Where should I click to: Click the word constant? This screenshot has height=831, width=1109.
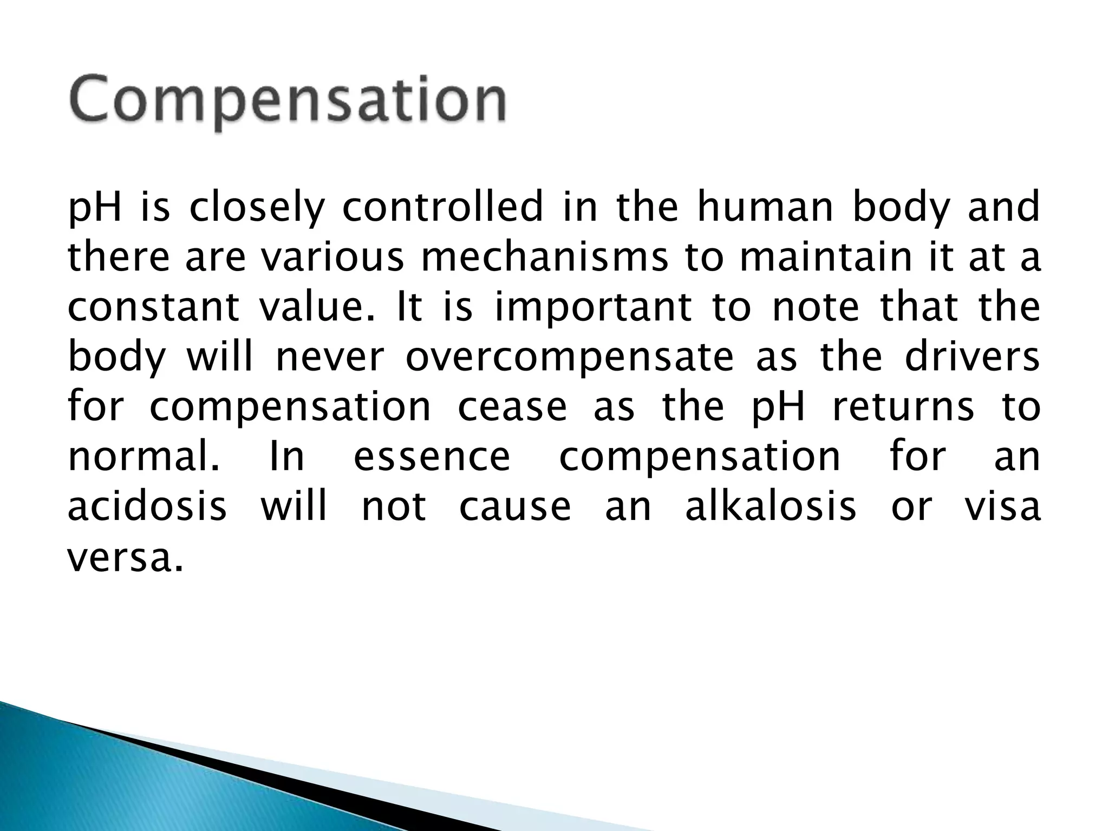click(153, 307)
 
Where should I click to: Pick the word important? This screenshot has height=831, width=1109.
click(593, 307)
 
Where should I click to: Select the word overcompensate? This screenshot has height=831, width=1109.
click(569, 357)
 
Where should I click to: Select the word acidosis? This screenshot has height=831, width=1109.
click(147, 506)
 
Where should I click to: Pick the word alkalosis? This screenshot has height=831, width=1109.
click(771, 506)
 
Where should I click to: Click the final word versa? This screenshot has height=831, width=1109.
click(125, 557)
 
